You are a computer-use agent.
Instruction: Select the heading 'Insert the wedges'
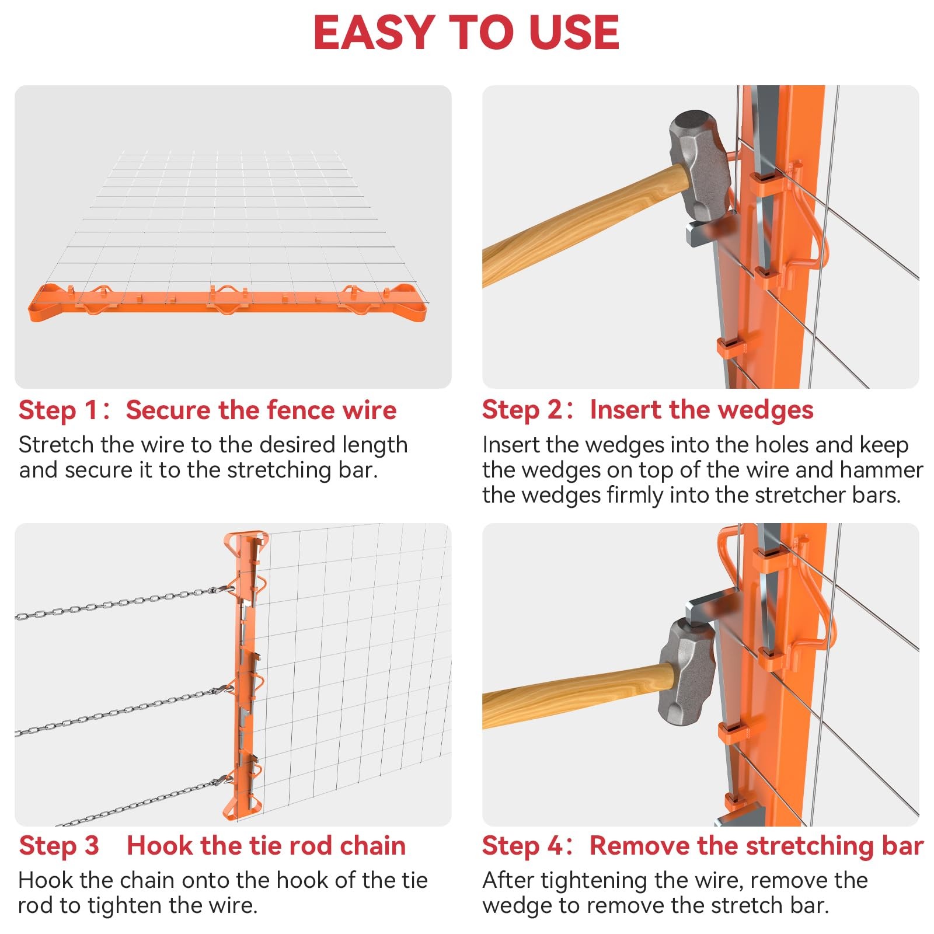[x=701, y=410]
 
